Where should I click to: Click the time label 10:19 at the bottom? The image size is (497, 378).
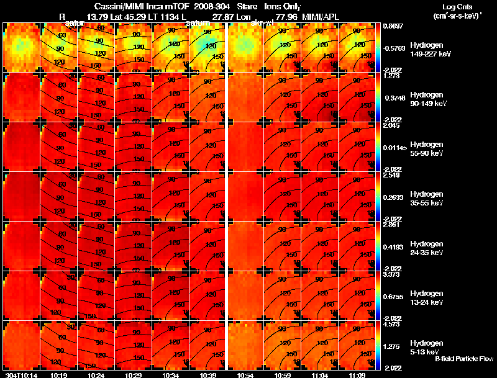click(58, 375)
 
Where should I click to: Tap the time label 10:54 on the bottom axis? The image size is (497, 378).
click(245, 375)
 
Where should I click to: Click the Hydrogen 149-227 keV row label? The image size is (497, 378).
click(426, 50)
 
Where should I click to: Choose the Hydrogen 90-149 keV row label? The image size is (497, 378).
click(426, 99)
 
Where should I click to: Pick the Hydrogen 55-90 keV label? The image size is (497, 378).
click(426, 149)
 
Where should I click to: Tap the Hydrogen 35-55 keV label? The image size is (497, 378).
click(426, 199)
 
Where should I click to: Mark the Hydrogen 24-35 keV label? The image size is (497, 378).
click(426, 248)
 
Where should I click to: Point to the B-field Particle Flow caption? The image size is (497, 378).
click(463, 359)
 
